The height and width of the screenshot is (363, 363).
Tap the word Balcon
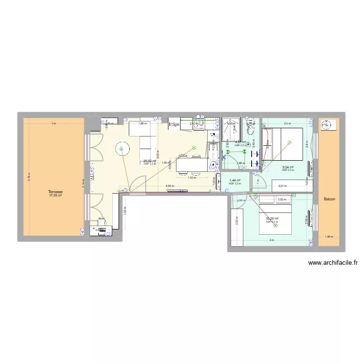point(330,199)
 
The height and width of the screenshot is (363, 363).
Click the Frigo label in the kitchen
point(174,124)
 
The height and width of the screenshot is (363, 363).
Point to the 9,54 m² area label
point(288,167)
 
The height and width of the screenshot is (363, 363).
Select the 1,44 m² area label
point(235,181)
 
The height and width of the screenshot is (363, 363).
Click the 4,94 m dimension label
point(169,185)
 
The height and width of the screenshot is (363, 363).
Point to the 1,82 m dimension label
point(125,211)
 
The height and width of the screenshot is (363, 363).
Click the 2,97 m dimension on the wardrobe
point(283,185)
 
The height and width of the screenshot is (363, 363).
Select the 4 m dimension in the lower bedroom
point(272,240)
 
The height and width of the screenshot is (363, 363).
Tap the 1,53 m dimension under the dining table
point(192,177)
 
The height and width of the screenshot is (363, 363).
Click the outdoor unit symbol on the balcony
point(328,125)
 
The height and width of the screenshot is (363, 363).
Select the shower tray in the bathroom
point(232,125)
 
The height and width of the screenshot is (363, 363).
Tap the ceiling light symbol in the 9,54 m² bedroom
point(289,142)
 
